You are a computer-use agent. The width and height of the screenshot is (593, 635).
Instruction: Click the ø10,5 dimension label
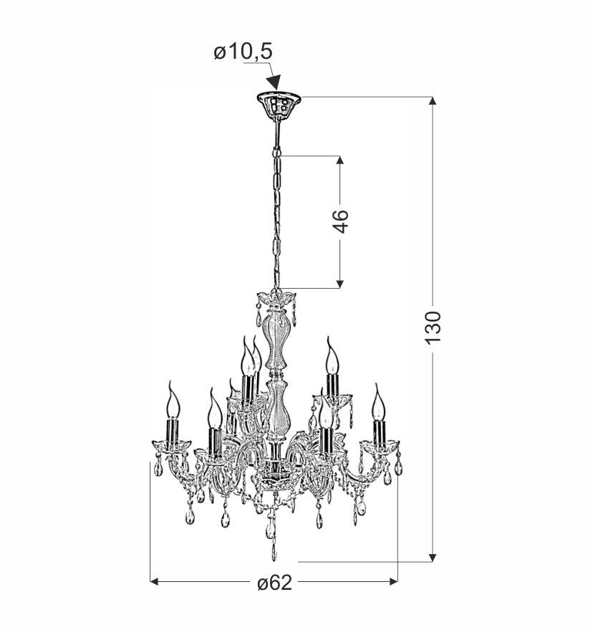tap(244, 52)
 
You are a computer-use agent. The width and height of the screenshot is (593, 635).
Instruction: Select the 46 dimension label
tap(341, 221)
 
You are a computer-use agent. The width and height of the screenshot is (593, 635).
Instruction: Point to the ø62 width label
tap(274, 583)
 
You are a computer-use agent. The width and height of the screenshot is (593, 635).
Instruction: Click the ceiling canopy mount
tap(279, 105)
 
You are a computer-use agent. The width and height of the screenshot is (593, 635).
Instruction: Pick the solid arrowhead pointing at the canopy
tap(274, 82)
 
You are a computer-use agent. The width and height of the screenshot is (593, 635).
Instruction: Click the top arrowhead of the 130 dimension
tap(433, 101)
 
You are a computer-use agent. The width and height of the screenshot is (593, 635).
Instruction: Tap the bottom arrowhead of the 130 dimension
tap(433, 558)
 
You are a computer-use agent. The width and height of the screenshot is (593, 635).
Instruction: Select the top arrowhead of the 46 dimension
tap(340, 160)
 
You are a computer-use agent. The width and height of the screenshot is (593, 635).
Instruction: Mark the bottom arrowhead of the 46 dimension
tap(340, 284)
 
